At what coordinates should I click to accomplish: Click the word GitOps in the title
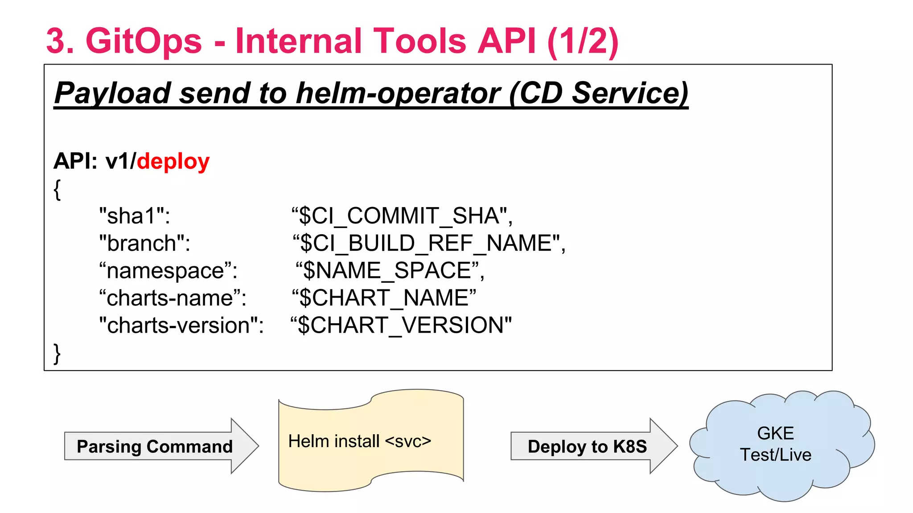tap(143, 41)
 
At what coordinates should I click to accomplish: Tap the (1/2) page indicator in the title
tap(583, 41)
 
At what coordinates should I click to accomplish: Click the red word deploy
tap(173, 161)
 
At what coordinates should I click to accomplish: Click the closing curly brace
tap(57, 354)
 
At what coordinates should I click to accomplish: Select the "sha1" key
tap(134, 216)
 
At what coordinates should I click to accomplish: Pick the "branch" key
tap(144, 244)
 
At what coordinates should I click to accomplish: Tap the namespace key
tap(168, 271)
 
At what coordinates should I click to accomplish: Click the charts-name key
tap(173, 298)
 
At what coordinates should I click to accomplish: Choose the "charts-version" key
tap(181, 326)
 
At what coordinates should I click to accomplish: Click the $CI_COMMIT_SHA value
tap(402, 216)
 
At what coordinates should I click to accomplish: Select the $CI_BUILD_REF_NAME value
tap(428, 244)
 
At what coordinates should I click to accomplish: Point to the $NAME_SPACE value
tap(390, 271)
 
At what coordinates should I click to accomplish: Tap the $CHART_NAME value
tap(384, 298)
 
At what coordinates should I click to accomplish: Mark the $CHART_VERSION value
tap(401, 326)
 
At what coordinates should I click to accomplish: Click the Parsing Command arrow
tap(155, 446)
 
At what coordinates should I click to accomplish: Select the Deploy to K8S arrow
tap(587, 446)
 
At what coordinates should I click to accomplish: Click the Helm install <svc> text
tap(359, 441)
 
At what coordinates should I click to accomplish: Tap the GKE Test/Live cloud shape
tap(776, 444)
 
